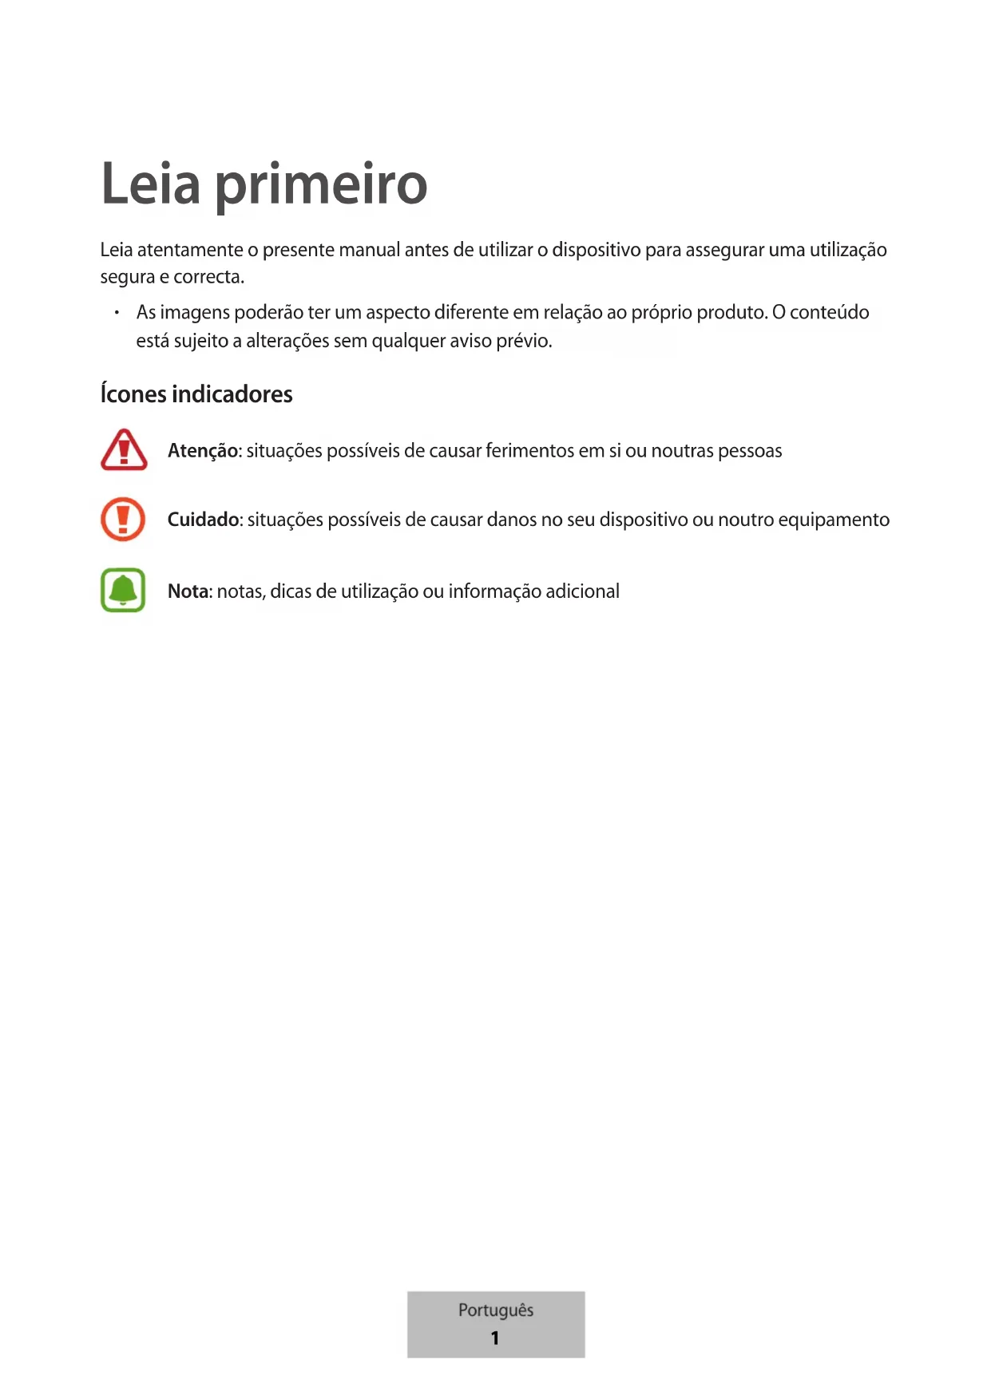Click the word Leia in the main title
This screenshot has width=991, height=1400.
click(x=150, y=184)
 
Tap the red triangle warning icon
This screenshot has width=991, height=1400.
click(x=124, y=450)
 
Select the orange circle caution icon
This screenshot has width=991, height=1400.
click(x=123, y=519)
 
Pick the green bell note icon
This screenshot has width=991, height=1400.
click(x=123, y=590)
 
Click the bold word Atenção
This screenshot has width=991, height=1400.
click(x=203, y=451)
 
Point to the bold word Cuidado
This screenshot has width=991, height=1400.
click(x=204, y=520)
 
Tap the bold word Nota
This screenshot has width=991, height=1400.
click(x=188, y=591)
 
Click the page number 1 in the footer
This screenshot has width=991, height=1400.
click(x=495, y=1338)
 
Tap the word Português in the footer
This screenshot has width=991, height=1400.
click(x=496, y=1311)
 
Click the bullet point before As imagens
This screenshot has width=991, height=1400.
click(x=117, y=312)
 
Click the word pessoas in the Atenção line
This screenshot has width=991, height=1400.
click(x=750, y=451)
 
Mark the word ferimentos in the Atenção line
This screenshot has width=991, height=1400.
click(x=529, y=451)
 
